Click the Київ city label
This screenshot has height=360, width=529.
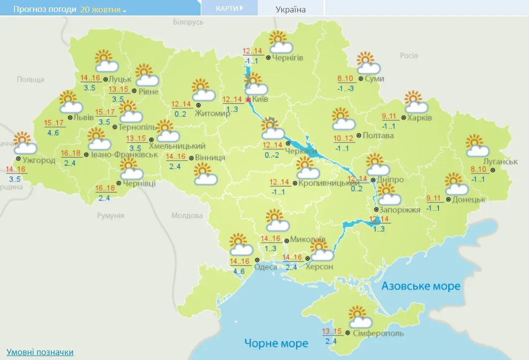click(x=260, y=99)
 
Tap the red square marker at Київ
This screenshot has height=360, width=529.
click(x=249, y=99)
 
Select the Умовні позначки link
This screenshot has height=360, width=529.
click(x=40, y=352)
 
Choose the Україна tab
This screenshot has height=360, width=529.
click(x=291, y=9)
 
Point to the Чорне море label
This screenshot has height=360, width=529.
click(x=276, y=343)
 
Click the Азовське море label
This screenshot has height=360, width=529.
click(x=421, y=286)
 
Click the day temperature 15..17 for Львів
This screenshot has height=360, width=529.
click(x=54, y=123)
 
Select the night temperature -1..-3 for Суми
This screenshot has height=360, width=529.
click(x=345, y=88)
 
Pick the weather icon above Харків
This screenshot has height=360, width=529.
click(x=416, y=102)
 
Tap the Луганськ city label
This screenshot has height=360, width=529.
click(x=501, y=162)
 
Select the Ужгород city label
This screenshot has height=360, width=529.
click(x=39, y=160)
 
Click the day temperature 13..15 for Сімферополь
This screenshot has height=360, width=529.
click(x=332, y=332)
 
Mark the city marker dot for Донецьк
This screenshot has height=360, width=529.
click(x=448, y=199)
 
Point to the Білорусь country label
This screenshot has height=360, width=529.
click(x=188, y=22)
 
